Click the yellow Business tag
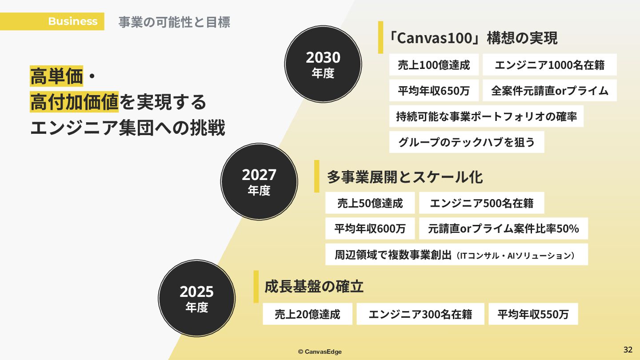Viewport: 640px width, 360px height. pyautogui.click(x=72, y=21)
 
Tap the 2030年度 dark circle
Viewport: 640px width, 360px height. pyautogui.click(x=323, y=64)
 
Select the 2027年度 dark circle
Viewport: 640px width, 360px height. pyautogui.click(x=259, y=181)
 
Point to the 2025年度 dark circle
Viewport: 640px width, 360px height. pyautogui.click(x=197, y=298)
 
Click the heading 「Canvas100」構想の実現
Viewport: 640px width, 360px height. pyautogui.click(x=472, y=38)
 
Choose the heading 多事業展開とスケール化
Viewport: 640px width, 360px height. pyautogui.click(x=405, y=177)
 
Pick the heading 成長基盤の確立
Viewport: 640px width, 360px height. pyautogui.click(x=314, y=287)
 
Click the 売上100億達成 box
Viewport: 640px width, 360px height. pyautogui.click(x=434, y=65)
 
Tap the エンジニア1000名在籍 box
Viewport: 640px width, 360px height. pyautogui.click(x=549, y=65)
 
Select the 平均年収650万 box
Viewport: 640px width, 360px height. pyautogui.click(x=434, y=91)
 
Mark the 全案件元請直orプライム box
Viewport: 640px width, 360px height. pyautogui.click(x=549, y=91)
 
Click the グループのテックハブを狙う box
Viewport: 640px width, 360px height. pyautogui.click(x=467, y=142)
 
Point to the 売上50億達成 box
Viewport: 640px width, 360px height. pyautogui.click(x=370, y=203)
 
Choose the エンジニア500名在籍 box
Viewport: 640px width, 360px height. pyautogui.click(x=481, y=203)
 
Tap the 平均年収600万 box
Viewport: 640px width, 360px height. pyautogui.click(x=370, y=228)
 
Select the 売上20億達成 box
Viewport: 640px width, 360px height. pyautogui.click(x=308, y=314)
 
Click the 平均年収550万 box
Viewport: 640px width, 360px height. pyautogui.click(x=533, y=314)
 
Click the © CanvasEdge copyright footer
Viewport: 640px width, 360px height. pyautogui.click(x=320, y=352)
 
